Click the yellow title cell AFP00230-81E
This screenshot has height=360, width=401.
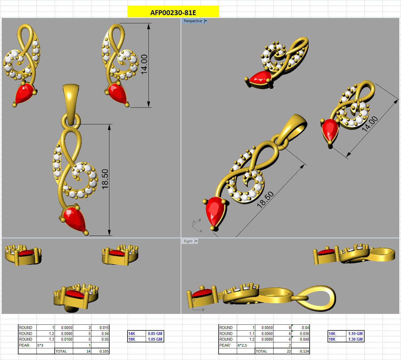pyautogui.click(x=173, y=12)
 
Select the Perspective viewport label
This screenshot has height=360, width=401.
pyautogui.click(x=193, y=21)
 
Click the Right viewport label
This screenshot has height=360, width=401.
pyautogui.click(x=188, y=241)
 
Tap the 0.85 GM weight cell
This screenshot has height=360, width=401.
pyautogui.click(x=155, y=334)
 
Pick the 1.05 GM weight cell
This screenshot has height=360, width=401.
pyautogui.click(x=155, y=339)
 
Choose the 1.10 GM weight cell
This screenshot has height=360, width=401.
pyautogui.click(x=355, y=334)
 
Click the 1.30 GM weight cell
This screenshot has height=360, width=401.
pyautogui.click(x=355, y=339)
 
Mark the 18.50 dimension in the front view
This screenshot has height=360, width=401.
pyautogui.click(x=105, y=179)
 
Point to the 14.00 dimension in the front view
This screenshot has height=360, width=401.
pyautogui.click(x=144, y=65)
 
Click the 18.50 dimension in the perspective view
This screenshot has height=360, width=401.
pyautogui.click(x=265, y=200)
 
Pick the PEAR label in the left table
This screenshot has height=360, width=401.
pyautogui.click(x=24, y=345)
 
